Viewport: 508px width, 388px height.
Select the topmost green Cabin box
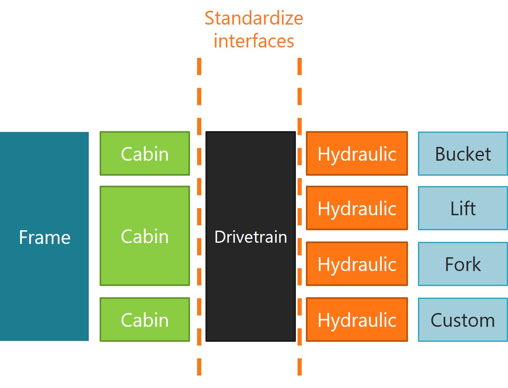pyautogui.click(x=145, y=154)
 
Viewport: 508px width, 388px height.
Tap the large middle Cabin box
pyautogui.click(x=145, y=236)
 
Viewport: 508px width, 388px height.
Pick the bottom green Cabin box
pyautogui.click(x=145, y=319)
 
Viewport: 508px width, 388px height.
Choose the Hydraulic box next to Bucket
pyautogui.click(x=357, y=154)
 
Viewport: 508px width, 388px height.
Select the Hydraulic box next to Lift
pyautogui.click(x=357, y=208)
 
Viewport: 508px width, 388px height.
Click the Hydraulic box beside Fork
pyautogui.click(x=357, y=264)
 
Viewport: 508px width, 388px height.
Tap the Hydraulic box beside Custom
pyautogui.click(x=357, y=319)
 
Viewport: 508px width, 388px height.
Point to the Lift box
pyautogui.click(x=463, y=208)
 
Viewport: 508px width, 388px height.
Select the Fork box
pyautogui.click(x=463, y=264)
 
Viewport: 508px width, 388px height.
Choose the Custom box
pyautogui.click(x=463, y=319)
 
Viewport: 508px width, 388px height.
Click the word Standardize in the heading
pyautogui.click(x=254, y=19)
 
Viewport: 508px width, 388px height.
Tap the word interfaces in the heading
pyautogui.click(x=254, y=41)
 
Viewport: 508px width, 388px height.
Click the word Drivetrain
pyautogui.click(x=250, y=237)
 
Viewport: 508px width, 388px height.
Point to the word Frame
pyautogui.click(x=44, y=237)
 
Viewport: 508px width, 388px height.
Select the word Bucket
pyautogui.click(x=463, y=154)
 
